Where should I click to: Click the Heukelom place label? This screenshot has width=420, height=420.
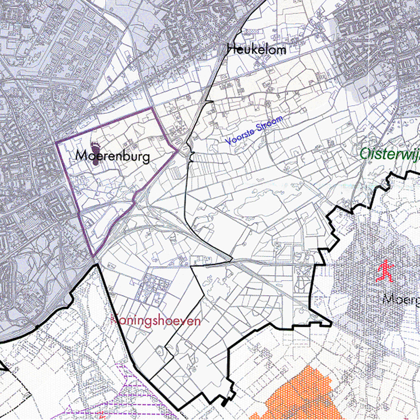pos(256,49)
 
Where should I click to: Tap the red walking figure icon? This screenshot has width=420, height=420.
pos(385,271)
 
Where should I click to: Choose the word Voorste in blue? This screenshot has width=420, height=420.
pos(240,137)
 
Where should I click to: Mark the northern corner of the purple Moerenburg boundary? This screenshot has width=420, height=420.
pos(153,108)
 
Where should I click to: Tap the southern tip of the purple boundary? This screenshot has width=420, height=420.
pos(93,256)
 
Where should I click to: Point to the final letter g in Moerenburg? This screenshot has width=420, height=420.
pos(145,157)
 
